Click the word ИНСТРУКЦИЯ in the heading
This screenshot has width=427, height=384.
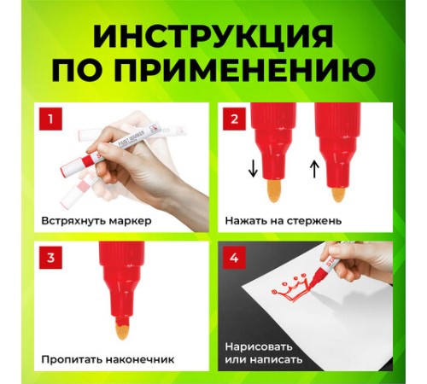click(x=213, y=36)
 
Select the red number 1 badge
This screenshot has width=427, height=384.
click(x=50, y=119)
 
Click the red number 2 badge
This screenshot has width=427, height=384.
click(x=234, y=119)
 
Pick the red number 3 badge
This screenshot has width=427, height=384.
click(x=50, y=258)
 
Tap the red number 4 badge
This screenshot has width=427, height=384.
click(x=234, y=258)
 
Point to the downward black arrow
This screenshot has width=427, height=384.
click(x=253, y=169)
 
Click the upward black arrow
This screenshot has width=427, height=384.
click(x=314, y=169)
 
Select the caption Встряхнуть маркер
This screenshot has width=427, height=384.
click(x=97, y=221)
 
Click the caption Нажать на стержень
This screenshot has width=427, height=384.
click(x=283, y=221)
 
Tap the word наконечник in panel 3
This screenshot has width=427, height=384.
click(x=140, y=359)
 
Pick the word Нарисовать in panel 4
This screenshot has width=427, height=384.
click(x=259, y=347)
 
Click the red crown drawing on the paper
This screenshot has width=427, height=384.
click(x=291, y=288)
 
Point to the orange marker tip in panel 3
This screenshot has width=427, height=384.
click(x=124, y=330)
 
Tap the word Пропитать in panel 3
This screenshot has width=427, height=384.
click(x=72, y=359)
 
